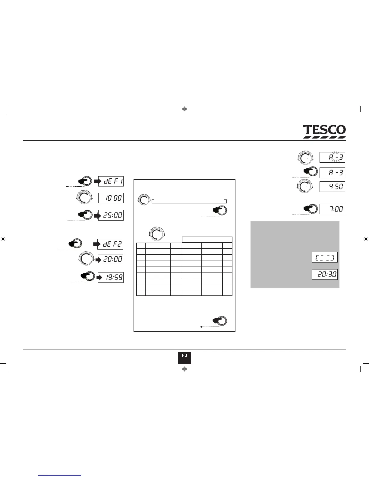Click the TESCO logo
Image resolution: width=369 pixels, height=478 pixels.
click(x=324, y=132)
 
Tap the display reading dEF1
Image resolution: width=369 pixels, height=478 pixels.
click(x=111, y=182)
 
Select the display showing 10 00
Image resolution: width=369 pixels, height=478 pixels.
click(x=111, y=198)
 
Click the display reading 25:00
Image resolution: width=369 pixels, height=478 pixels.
click(x=111, y=216)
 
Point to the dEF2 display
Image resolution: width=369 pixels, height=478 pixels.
click(x=110, y=244)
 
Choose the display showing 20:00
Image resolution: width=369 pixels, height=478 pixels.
click(x=110, y=259)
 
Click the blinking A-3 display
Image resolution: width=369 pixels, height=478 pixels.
click(x=332, y=157)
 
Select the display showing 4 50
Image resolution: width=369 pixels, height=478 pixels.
click(x=332, y=186)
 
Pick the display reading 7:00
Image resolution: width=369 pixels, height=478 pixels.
click(x=332, y=209)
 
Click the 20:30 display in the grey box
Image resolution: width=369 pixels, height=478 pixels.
click(x=325, y=274)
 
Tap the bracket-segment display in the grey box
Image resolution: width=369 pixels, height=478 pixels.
click(x=325, y=257)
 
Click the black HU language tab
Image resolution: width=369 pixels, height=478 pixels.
click(x=184, y=358)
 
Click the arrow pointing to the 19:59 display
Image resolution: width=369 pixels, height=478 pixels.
click(x=100, y=277)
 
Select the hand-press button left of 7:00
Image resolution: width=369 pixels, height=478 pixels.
click(x=311, y=208)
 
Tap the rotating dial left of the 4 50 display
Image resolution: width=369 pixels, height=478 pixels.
click(x=305, y=186)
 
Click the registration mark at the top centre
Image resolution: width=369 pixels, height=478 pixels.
click(x=185, y=109)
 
